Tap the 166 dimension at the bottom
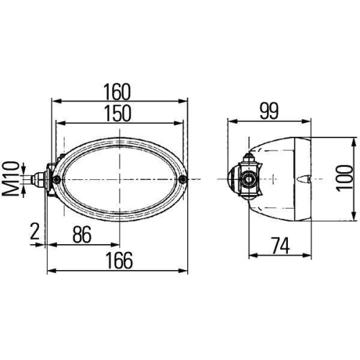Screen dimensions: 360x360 coord(120,261)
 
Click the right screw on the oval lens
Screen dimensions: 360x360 coord(186,179)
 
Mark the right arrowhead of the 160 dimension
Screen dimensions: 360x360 coord(186,102)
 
